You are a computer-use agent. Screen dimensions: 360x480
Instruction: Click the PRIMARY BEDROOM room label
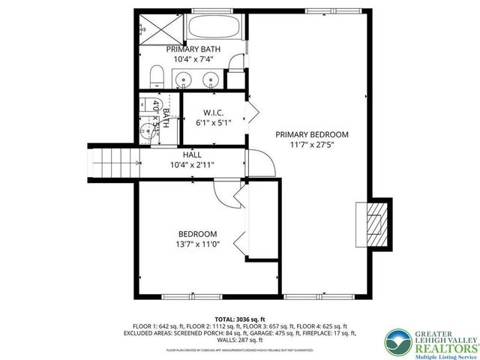(312, 135)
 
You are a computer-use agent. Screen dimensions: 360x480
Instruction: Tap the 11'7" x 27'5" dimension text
(312, 145)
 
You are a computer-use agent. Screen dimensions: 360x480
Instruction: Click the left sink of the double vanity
(184, 79)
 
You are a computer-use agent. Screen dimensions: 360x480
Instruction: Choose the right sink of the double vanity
(211, 79)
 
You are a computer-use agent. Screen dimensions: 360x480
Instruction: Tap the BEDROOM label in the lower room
(197, 233)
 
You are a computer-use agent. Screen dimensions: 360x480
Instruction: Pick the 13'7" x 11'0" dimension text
(197, 244)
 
